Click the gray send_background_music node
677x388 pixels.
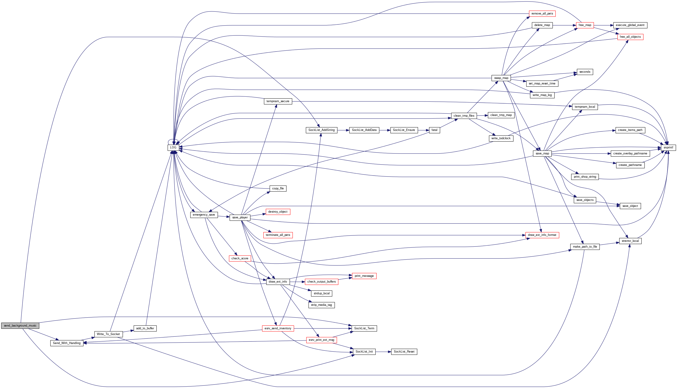[20, 325]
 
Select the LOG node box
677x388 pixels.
[173, 147]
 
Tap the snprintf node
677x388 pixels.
[668, 147]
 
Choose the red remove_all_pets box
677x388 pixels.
[542, 14]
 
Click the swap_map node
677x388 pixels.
[501, 78]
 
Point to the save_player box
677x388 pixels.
[240, 217]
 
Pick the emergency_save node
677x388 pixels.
[204, 215]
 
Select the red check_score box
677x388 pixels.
[240, 258]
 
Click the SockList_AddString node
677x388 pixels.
[321, 130]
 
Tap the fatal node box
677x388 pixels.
[434, 130]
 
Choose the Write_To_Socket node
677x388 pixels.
[108, 334]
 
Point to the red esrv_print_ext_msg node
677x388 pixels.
[321, 340]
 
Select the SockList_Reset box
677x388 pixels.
[404, 352]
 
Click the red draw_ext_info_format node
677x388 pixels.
[542, 235]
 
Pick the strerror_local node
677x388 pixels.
[630, 241]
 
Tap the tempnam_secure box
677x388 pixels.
[278, 101]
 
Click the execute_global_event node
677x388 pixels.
[630, 25]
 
